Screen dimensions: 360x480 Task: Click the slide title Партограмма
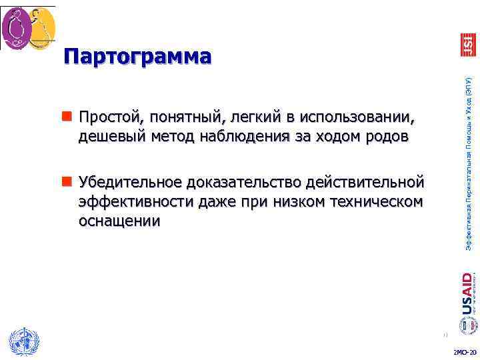coord(138,57)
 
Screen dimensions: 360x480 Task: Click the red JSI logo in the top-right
coord(468,44)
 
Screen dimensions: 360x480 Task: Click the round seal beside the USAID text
coord(467,325)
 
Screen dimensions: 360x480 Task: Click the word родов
coord(389,137)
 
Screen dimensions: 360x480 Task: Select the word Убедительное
coord(131,181)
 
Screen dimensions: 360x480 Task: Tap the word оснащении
coord(119,220)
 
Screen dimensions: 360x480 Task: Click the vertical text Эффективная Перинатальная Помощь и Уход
coord(469,163)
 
